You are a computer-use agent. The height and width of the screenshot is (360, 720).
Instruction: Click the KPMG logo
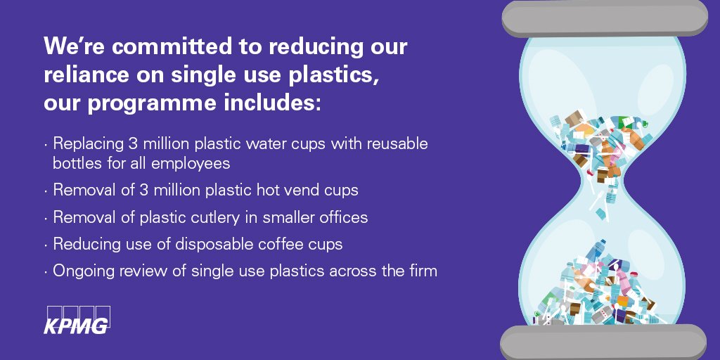77,319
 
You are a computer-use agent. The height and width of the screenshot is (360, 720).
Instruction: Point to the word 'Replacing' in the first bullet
85,143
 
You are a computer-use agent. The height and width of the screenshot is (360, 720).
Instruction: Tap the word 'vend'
310,190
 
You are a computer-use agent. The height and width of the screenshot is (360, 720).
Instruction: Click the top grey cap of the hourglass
604,18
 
